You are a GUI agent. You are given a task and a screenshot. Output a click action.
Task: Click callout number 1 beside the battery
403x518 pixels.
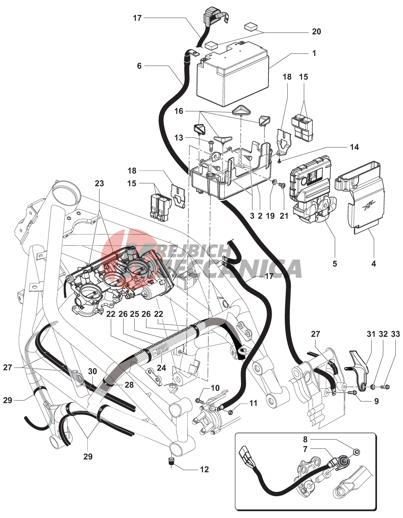coord(314,54)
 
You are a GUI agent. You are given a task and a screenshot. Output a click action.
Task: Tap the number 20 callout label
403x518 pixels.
coord(316,32)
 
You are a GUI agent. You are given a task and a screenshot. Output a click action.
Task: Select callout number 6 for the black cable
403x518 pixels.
coord(139,66)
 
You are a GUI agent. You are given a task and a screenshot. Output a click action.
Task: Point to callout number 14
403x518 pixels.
coord(354,147)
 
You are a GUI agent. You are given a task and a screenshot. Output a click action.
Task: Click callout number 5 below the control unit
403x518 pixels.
coord(335,263)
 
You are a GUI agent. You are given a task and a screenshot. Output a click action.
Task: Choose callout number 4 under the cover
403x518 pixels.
coord(374,263)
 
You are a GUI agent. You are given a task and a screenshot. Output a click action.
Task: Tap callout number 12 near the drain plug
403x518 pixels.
coord(204,469)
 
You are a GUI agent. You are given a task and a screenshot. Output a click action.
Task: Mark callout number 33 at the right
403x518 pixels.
coord(395,334)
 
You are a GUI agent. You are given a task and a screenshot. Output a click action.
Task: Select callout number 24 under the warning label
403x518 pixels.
coord(161,368)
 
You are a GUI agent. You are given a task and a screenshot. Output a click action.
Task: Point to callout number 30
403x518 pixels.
coord(92,371)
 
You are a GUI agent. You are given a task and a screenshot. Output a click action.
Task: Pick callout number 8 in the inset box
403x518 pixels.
coord(305,440)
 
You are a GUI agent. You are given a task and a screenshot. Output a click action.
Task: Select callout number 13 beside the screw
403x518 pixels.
coord(179,138)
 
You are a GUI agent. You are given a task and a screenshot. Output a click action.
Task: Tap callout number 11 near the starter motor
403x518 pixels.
coord(253,403)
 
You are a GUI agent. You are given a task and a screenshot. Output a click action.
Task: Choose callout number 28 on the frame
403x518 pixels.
coord(129,385)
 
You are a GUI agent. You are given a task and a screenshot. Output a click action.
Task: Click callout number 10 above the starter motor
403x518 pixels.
coord(215,388)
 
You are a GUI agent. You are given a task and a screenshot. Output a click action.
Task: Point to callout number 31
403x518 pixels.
coord(371,334)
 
